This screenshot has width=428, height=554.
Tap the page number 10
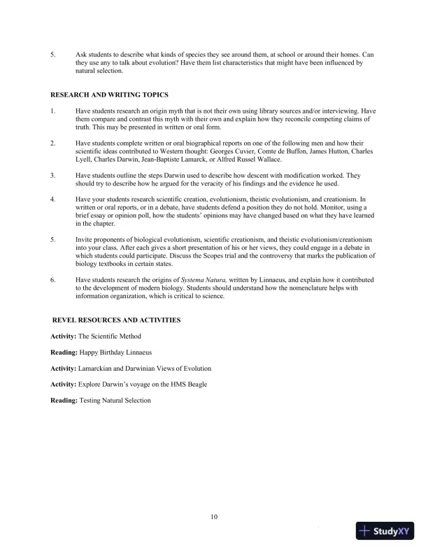(214, 517)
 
